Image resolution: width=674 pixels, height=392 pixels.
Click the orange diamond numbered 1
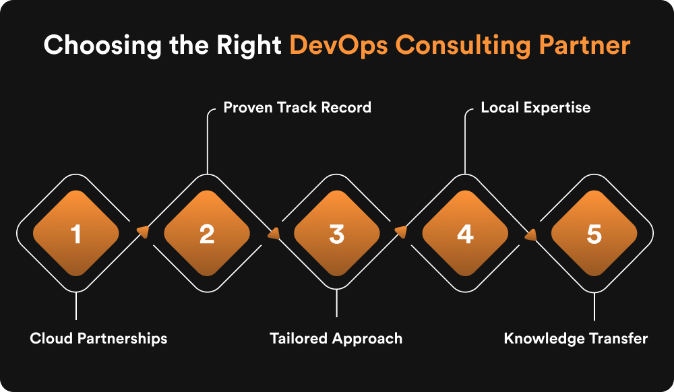tap(76, 233)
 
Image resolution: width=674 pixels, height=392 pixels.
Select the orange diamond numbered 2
tap(206, 233)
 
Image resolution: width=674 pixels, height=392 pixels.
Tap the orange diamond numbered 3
tap(336, 233)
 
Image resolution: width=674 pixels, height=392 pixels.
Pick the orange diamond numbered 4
tap(465, 233)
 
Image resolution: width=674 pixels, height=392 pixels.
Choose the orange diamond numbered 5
tap(594, 233)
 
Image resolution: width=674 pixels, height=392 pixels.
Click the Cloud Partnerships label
tap(98, 338)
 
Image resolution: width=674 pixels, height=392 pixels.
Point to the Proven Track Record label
tap(297, 108)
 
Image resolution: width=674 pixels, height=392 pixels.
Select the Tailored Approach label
tap(336, 338)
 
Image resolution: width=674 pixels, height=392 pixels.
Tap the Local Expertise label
tap(535, 108)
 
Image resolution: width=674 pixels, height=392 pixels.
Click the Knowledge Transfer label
tap(576, 338)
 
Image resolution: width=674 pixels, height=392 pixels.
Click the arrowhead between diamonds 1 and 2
tap(142, 232)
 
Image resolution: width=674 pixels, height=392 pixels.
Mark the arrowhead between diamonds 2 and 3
tap(274, 234)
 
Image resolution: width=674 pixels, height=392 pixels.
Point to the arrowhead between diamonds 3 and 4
tap(400, 232)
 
